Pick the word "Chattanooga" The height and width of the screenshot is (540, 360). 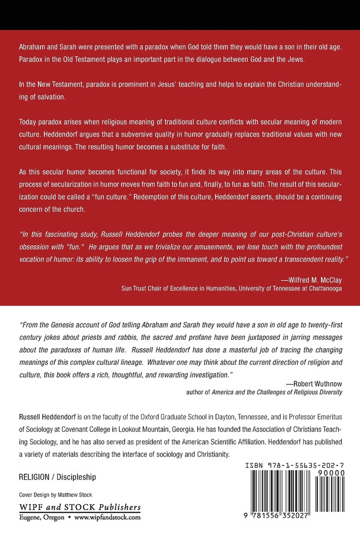tap(322, 289)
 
